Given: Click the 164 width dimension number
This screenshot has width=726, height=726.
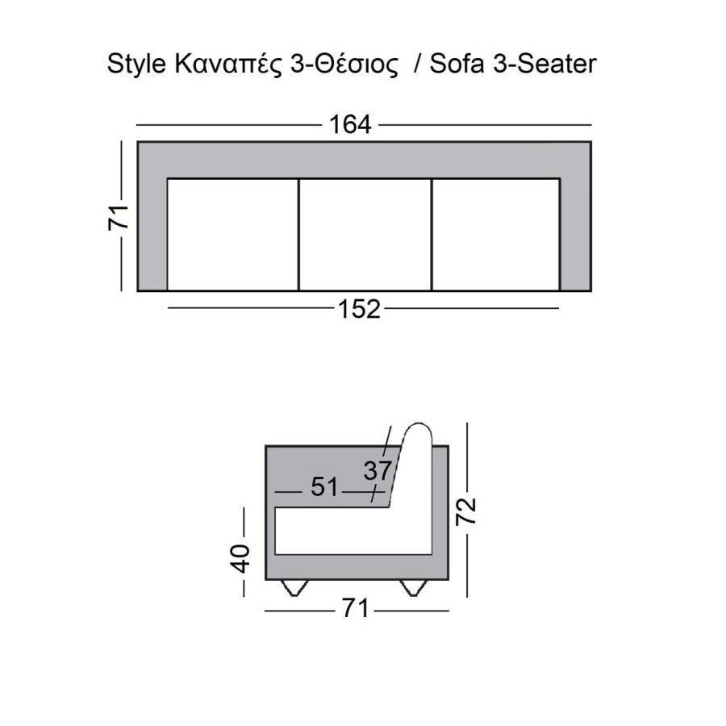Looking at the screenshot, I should (x=350, y=125).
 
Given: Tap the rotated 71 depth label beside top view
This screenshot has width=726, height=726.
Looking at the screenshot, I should (x=119, y=216).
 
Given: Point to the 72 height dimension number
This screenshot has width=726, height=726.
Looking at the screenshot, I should (x=467, y=511).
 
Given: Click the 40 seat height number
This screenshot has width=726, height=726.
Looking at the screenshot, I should (x=241, y=557).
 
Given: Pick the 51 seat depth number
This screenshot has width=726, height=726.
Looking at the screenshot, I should (x=324, y=487).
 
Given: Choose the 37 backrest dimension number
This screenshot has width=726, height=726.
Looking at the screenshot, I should (x=376, y=470).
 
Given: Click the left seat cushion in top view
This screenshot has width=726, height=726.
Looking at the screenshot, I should (x=232, y=234).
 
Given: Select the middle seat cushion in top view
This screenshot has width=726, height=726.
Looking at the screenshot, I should (x=365, y=234).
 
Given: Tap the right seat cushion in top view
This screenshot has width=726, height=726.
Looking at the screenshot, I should (x=495, y=234).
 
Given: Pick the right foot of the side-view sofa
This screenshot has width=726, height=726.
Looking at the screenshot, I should (x=415, y=588).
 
